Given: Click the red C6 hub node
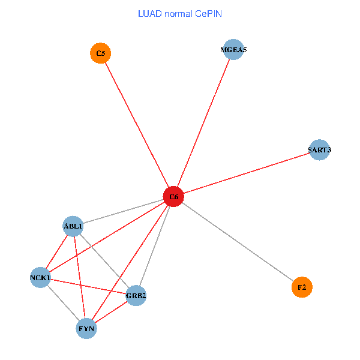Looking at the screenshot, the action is click(x=173, y=196).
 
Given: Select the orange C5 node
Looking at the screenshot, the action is click(x=100, y=53).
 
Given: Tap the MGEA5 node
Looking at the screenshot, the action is click(x=233, y=50).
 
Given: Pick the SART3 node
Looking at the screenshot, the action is click(x=319, y=149).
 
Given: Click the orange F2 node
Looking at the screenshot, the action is click(x=302, y=288).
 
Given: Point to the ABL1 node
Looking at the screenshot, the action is click(x=73, y=226).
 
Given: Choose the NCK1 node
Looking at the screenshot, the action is click(x=40, y=277).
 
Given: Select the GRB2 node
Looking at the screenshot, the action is click(x=136, y=295).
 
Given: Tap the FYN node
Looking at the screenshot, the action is click(x=87, y=328).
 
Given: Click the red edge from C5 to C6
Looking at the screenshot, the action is click(x=137, y=125).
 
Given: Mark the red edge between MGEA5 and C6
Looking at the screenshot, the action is click(x=203, y=123).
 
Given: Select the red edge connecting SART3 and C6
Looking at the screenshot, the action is click(x=246, y=173).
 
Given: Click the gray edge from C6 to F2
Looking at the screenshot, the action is click(x=238, y=242).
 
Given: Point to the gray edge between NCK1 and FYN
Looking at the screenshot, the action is click(x=64, y=303).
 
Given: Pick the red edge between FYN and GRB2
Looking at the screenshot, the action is click(x=112, y=312).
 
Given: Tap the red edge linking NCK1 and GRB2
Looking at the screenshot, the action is click(x=88, y=286).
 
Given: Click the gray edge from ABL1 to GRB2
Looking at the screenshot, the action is click(x=104, y=261).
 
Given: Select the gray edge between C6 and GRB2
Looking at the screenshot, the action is click(x=155, y=246).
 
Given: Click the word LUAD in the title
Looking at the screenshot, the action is click(x=148, y=13).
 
